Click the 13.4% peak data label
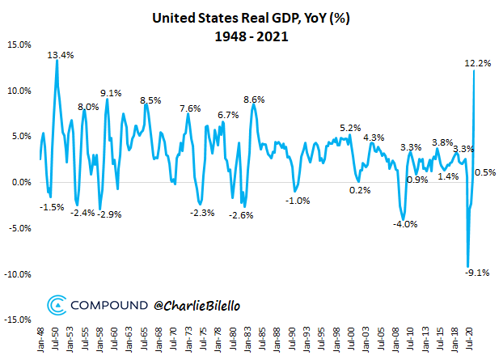click(x=61, y=55)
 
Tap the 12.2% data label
click(x=478, y=63)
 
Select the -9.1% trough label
click(x=477, y=273)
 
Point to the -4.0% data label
click(x=404, y=224)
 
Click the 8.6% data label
click(x=254, y=100)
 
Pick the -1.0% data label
click(x=298, y=201)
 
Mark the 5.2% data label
click(x=350, y=128)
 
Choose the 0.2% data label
click(x=360, y=190)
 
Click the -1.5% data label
click(x=52, y=207)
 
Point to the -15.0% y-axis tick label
click(x=16, y=320)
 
